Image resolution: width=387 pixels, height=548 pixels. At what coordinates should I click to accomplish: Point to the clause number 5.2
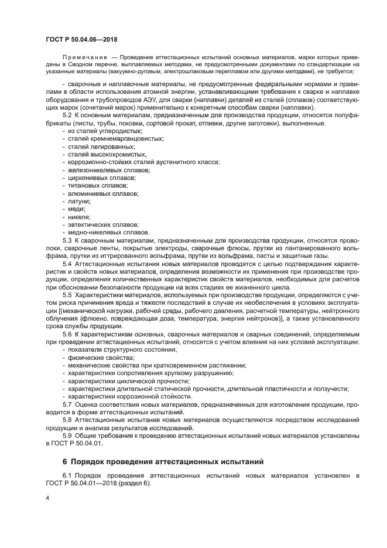point(67,115)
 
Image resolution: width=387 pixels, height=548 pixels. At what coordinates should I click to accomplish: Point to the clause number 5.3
point(67,240)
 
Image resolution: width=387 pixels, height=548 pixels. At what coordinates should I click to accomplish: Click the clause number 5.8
point(67,420)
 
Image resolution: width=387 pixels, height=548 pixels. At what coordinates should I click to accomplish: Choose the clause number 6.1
point(67,476)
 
